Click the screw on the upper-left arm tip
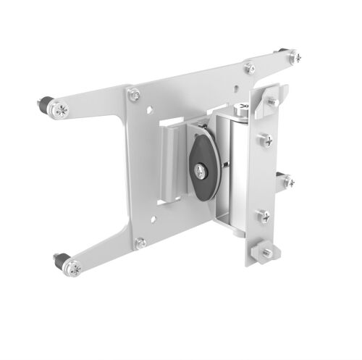(62, 109)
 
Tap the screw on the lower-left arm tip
(73, 269)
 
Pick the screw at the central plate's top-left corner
(134, 93)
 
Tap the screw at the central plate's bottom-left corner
(141, 243)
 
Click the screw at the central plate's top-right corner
(249, 67)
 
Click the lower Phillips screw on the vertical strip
(264, 216)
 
